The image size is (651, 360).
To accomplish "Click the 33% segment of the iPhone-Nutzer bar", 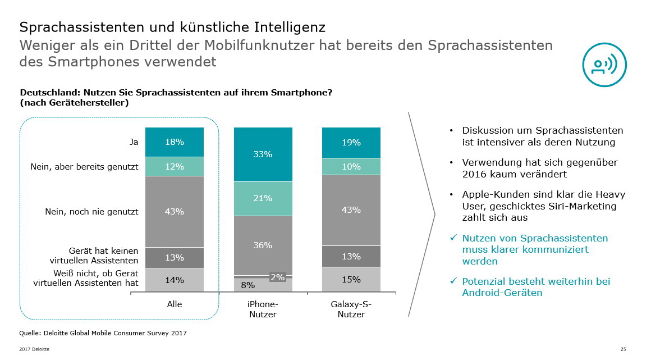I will click(263, 154).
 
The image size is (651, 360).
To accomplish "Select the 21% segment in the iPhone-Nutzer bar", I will click(263, 198).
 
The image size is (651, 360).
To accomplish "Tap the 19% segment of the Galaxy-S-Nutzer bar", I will click(351, 143).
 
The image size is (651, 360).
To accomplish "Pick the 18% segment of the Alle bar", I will click(175, 142).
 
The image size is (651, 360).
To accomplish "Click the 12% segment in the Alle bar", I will click(175, 166).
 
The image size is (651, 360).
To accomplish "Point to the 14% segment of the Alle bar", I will click(175, 280).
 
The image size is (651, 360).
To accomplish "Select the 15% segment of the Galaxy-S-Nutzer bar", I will click(351, 279).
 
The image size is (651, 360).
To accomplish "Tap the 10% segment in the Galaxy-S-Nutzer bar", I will click(351, 166).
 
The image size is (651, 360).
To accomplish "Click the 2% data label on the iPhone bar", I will click(278, 277).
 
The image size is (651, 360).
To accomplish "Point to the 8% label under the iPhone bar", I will click(247, 285).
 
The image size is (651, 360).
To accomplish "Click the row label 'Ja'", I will click(134, 142).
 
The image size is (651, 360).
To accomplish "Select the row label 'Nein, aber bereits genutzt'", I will click(84, 167).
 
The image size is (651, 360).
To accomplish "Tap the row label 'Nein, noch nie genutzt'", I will click(91, 212).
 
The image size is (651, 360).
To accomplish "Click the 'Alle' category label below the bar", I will click(175, 304).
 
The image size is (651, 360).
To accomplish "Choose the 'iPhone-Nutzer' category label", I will click(263, 309).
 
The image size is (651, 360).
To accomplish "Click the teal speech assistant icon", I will click(604, 65).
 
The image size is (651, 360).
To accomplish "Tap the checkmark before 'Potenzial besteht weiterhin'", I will click(452, 281).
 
